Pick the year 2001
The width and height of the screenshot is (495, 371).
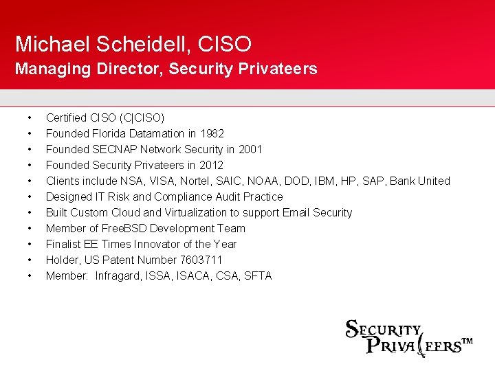[x=250, y=149]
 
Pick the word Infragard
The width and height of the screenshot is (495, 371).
[x=120, y=276]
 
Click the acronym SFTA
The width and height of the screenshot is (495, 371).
[x=258, y=276]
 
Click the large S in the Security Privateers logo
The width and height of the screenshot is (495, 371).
[x=352, y=330]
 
